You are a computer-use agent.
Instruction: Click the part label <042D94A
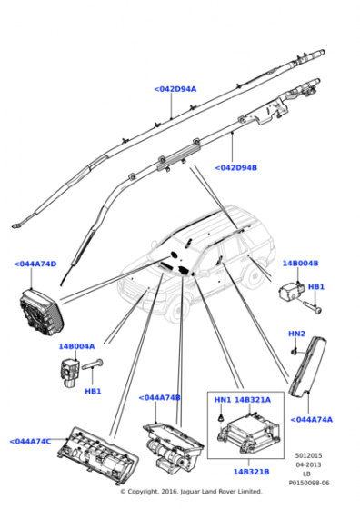pyautogui.click(x=175, y=89)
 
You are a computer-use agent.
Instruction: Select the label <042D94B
pyautogui.click(x=236, y=168)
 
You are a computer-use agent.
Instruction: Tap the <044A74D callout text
pyautogui.click(x=35, y=264)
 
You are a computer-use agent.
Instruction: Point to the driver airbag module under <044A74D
pyautogui.click(x=41, y=311)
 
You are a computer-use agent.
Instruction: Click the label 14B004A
pyautogui.click(x=76, y=346)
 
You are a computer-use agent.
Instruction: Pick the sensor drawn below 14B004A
pyautogui.click(x=69, y=373)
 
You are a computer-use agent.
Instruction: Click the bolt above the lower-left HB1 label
pyautogui.click(x=92, y=364)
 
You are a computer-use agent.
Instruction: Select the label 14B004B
pyautogui.click(x=300, y=263)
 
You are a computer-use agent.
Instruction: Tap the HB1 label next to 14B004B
pyautogui.click(x=315, y=287)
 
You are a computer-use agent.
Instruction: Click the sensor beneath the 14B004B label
pyautogui.click(x=291, y=291)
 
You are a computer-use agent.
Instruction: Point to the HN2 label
pyautogui.click(x=296, y=334)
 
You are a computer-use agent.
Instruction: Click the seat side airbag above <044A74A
pyautogui.click(x=308, y=366)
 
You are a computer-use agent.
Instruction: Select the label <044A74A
pyautogui.click(x=311, y=420)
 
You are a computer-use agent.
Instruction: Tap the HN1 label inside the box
pyautogui.click(x=223, y=400)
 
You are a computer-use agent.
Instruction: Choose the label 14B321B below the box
pyautogui.click(x=251, y=472)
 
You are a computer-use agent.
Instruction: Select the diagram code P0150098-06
pyautogui.click(x=309, y=483)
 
